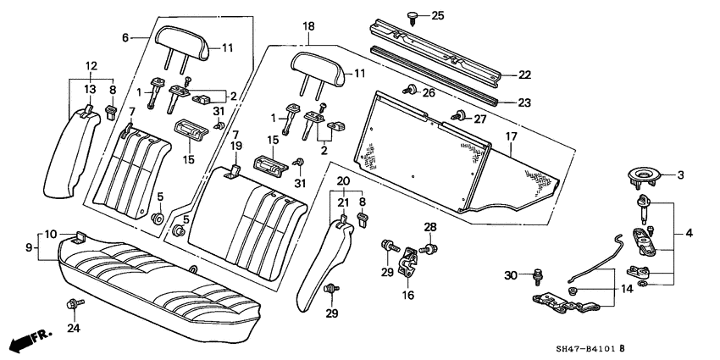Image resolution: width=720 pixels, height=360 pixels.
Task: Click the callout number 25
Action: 437,16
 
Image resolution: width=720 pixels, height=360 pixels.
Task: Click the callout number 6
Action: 125,37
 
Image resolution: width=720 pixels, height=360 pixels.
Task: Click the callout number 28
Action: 429,226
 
